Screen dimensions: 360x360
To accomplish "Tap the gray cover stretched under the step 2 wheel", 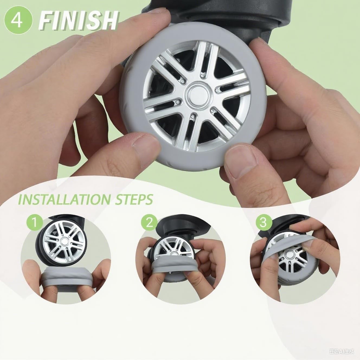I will coord(176,267).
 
